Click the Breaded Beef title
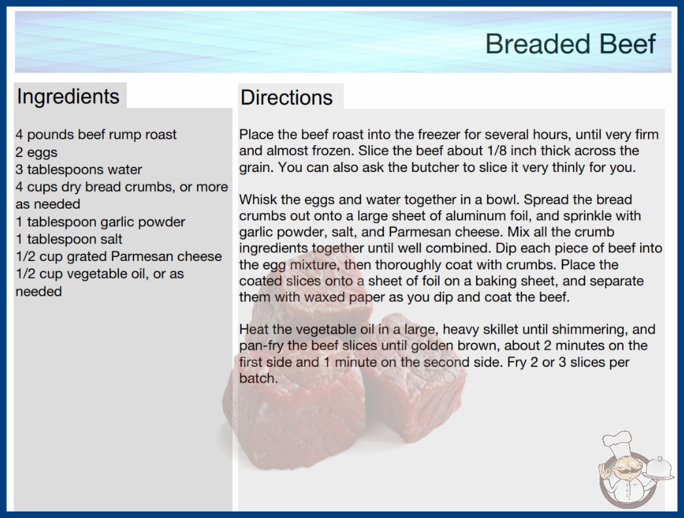tap(571, 44)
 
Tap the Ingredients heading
tap(68, 96)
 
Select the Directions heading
tap(286, 97)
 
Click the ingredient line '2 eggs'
tap(37, 152)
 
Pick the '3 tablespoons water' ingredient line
tap(79, 169)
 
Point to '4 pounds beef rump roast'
tap(96, 135)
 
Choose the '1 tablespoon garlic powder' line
tap(100, 222)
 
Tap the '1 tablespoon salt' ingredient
tap(69, 239)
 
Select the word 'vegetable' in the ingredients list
tap(97, 274)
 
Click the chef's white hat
tap(617, 443)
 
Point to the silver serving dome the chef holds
tap(659, 469)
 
